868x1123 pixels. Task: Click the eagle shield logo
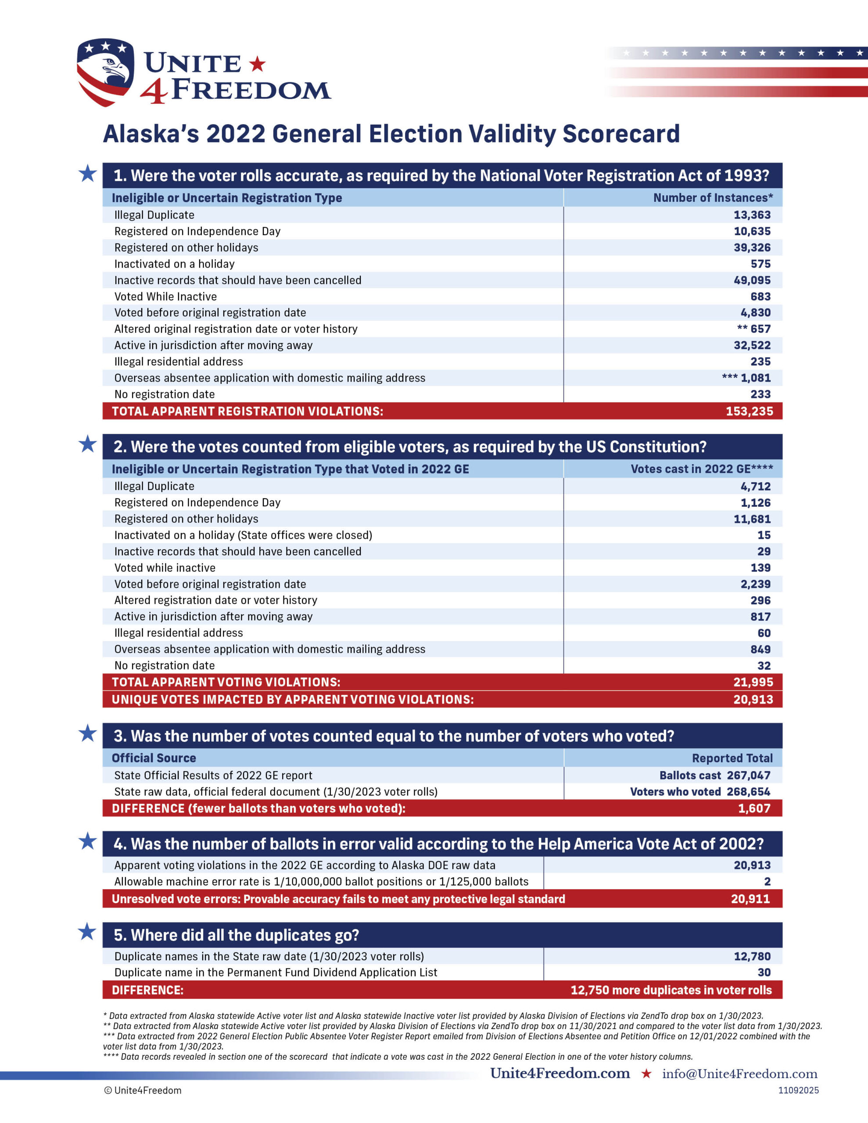105,72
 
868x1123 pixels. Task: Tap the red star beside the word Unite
257,64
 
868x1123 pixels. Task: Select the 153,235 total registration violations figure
749,411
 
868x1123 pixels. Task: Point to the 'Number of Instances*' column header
713,198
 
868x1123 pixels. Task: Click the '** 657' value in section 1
754,329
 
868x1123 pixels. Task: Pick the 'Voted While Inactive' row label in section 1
166,297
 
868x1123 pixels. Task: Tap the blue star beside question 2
88,444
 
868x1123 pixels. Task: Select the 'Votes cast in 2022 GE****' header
701,469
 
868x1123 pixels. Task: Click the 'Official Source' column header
154,758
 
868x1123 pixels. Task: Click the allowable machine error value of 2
767,881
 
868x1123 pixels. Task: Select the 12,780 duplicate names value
752,956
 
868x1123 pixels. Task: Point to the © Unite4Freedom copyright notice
143,1090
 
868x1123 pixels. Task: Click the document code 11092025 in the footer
798,1090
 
